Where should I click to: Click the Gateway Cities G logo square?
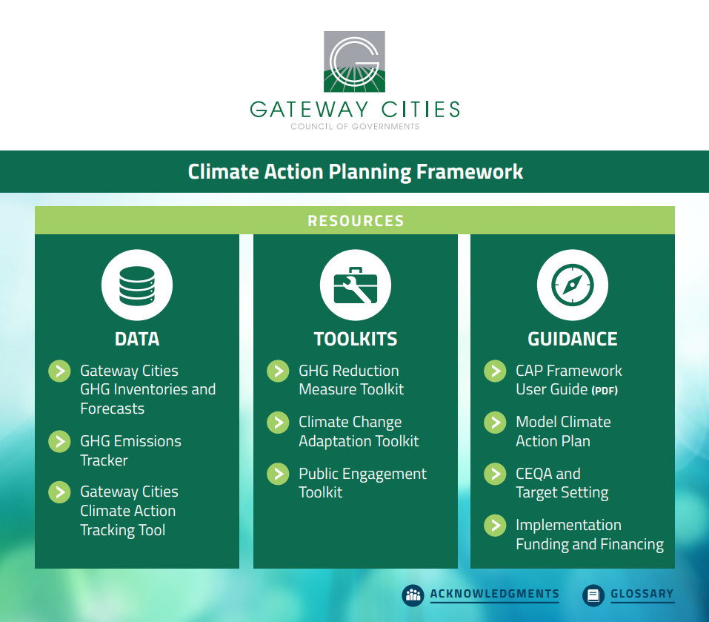pos(354,62)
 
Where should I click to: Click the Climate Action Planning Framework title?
pos(356,172)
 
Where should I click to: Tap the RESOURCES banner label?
pos(356,221)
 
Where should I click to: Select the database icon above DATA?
pos(137,285)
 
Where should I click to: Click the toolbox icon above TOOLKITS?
pos(356,285)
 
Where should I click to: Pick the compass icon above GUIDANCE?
pos(573,285)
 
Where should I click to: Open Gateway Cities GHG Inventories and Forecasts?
pos(148,389)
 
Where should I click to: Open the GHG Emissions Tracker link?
pos(130,451)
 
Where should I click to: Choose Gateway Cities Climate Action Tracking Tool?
pos(129,511)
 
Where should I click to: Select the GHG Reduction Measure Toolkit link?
pos(351,380)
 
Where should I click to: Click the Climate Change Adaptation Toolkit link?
pos(359,431)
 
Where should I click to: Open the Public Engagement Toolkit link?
pos(362,483)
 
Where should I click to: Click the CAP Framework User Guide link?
pos(569,380)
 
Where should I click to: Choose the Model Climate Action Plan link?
pos(563,431)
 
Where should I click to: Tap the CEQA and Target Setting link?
pos(562,483)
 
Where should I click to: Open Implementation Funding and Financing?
pos(590,535)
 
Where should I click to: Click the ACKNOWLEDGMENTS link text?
pos(495,594)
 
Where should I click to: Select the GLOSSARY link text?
pos(642,594)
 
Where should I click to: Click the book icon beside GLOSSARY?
pos(593,595)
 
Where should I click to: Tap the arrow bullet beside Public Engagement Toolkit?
pos(278,474)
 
